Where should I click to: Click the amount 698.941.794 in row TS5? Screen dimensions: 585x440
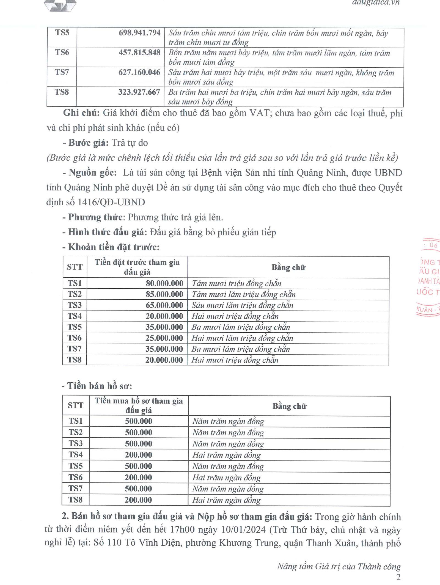[139, 33]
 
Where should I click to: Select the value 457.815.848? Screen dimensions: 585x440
[139, 53]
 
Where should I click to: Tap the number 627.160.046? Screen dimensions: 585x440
[139, 72]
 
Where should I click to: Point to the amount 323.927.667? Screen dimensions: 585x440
[139, 92]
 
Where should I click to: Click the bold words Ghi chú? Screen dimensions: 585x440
[82, 113]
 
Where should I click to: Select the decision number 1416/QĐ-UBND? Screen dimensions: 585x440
[111, 202]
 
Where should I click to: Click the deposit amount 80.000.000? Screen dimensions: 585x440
[164, 283]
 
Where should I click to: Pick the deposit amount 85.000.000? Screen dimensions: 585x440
[164, 294]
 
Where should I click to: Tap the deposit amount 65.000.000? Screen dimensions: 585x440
[164, 305]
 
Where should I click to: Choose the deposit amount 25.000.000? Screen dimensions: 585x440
[164, 338]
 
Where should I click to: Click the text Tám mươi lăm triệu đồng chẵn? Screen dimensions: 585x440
[244, 294]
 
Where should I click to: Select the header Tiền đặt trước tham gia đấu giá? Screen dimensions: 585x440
[137, 267]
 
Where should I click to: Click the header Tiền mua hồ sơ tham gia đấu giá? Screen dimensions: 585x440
[139, 405]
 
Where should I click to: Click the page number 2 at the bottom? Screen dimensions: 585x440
[398, 577]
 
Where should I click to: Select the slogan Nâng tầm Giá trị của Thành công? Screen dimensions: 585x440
[339, 567]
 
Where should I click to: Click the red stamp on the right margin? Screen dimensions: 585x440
[428, 278]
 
